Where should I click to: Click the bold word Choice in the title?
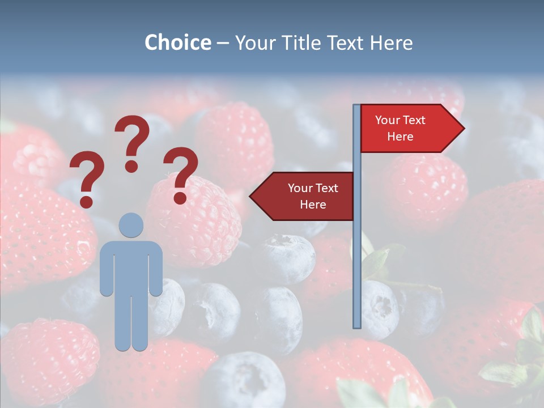(x=177, y=42)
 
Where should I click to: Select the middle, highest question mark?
(x=132, y=142)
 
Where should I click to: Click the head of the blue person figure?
(x=131, y=225)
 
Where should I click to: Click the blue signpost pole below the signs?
(x=357, y=272)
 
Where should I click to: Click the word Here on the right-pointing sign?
(x=400, y=137)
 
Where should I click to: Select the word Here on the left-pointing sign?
(x=313, y=205)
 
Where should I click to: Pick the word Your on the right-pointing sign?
(x=388, y=120)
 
